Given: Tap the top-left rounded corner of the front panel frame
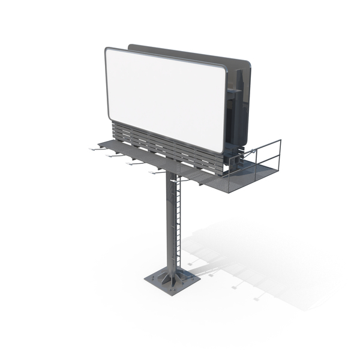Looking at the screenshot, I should (108, 51).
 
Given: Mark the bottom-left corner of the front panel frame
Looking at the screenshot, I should (109, 118).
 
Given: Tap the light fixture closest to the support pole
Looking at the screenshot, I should (155, 172).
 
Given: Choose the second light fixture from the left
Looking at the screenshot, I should (110, 155).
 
